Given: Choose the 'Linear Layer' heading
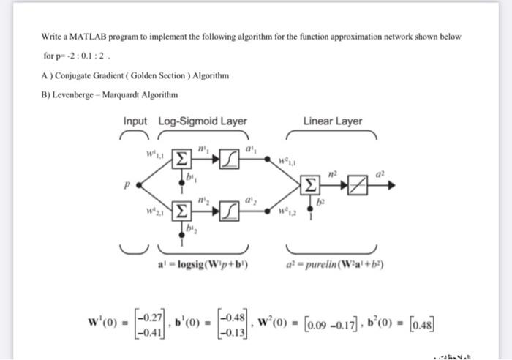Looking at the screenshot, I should tap(332, 121).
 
